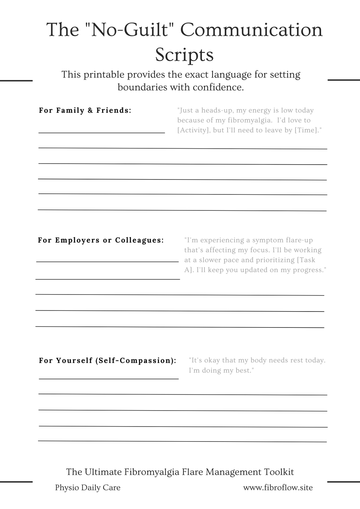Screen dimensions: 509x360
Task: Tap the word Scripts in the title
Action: [184, 54]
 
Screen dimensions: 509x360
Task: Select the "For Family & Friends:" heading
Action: [85, 110]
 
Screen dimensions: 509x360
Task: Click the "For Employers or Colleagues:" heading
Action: [101, 240]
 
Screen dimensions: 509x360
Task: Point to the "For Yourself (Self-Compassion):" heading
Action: [108, 360]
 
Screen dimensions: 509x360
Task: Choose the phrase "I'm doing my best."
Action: [222, 371]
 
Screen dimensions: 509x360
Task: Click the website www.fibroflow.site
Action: [278, 488]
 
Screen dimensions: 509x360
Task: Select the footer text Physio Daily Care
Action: [88, 488]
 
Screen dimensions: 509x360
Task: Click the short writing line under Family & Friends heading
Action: [101, 132]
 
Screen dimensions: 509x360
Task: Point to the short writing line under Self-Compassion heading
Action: [109, 378]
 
